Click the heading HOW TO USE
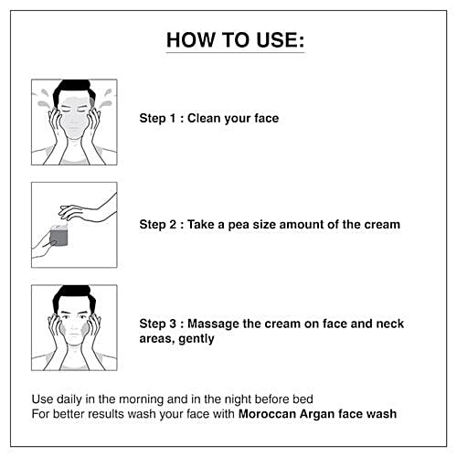(x=235, y=40)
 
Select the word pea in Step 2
(x=239, y=226)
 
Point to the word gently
(x=197, y=339)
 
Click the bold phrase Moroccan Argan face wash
(x=317, y=414)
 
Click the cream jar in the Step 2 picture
(x=58, y=236)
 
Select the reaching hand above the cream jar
(x=87, y=210)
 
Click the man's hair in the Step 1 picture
(x=73, y=90)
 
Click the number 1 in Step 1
(x=173, y=118)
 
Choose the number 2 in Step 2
(x=173, y=225)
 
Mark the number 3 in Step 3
(x=173, y=324)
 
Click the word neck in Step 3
(x=390, y=324)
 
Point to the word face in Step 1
(x=267, y=118)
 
